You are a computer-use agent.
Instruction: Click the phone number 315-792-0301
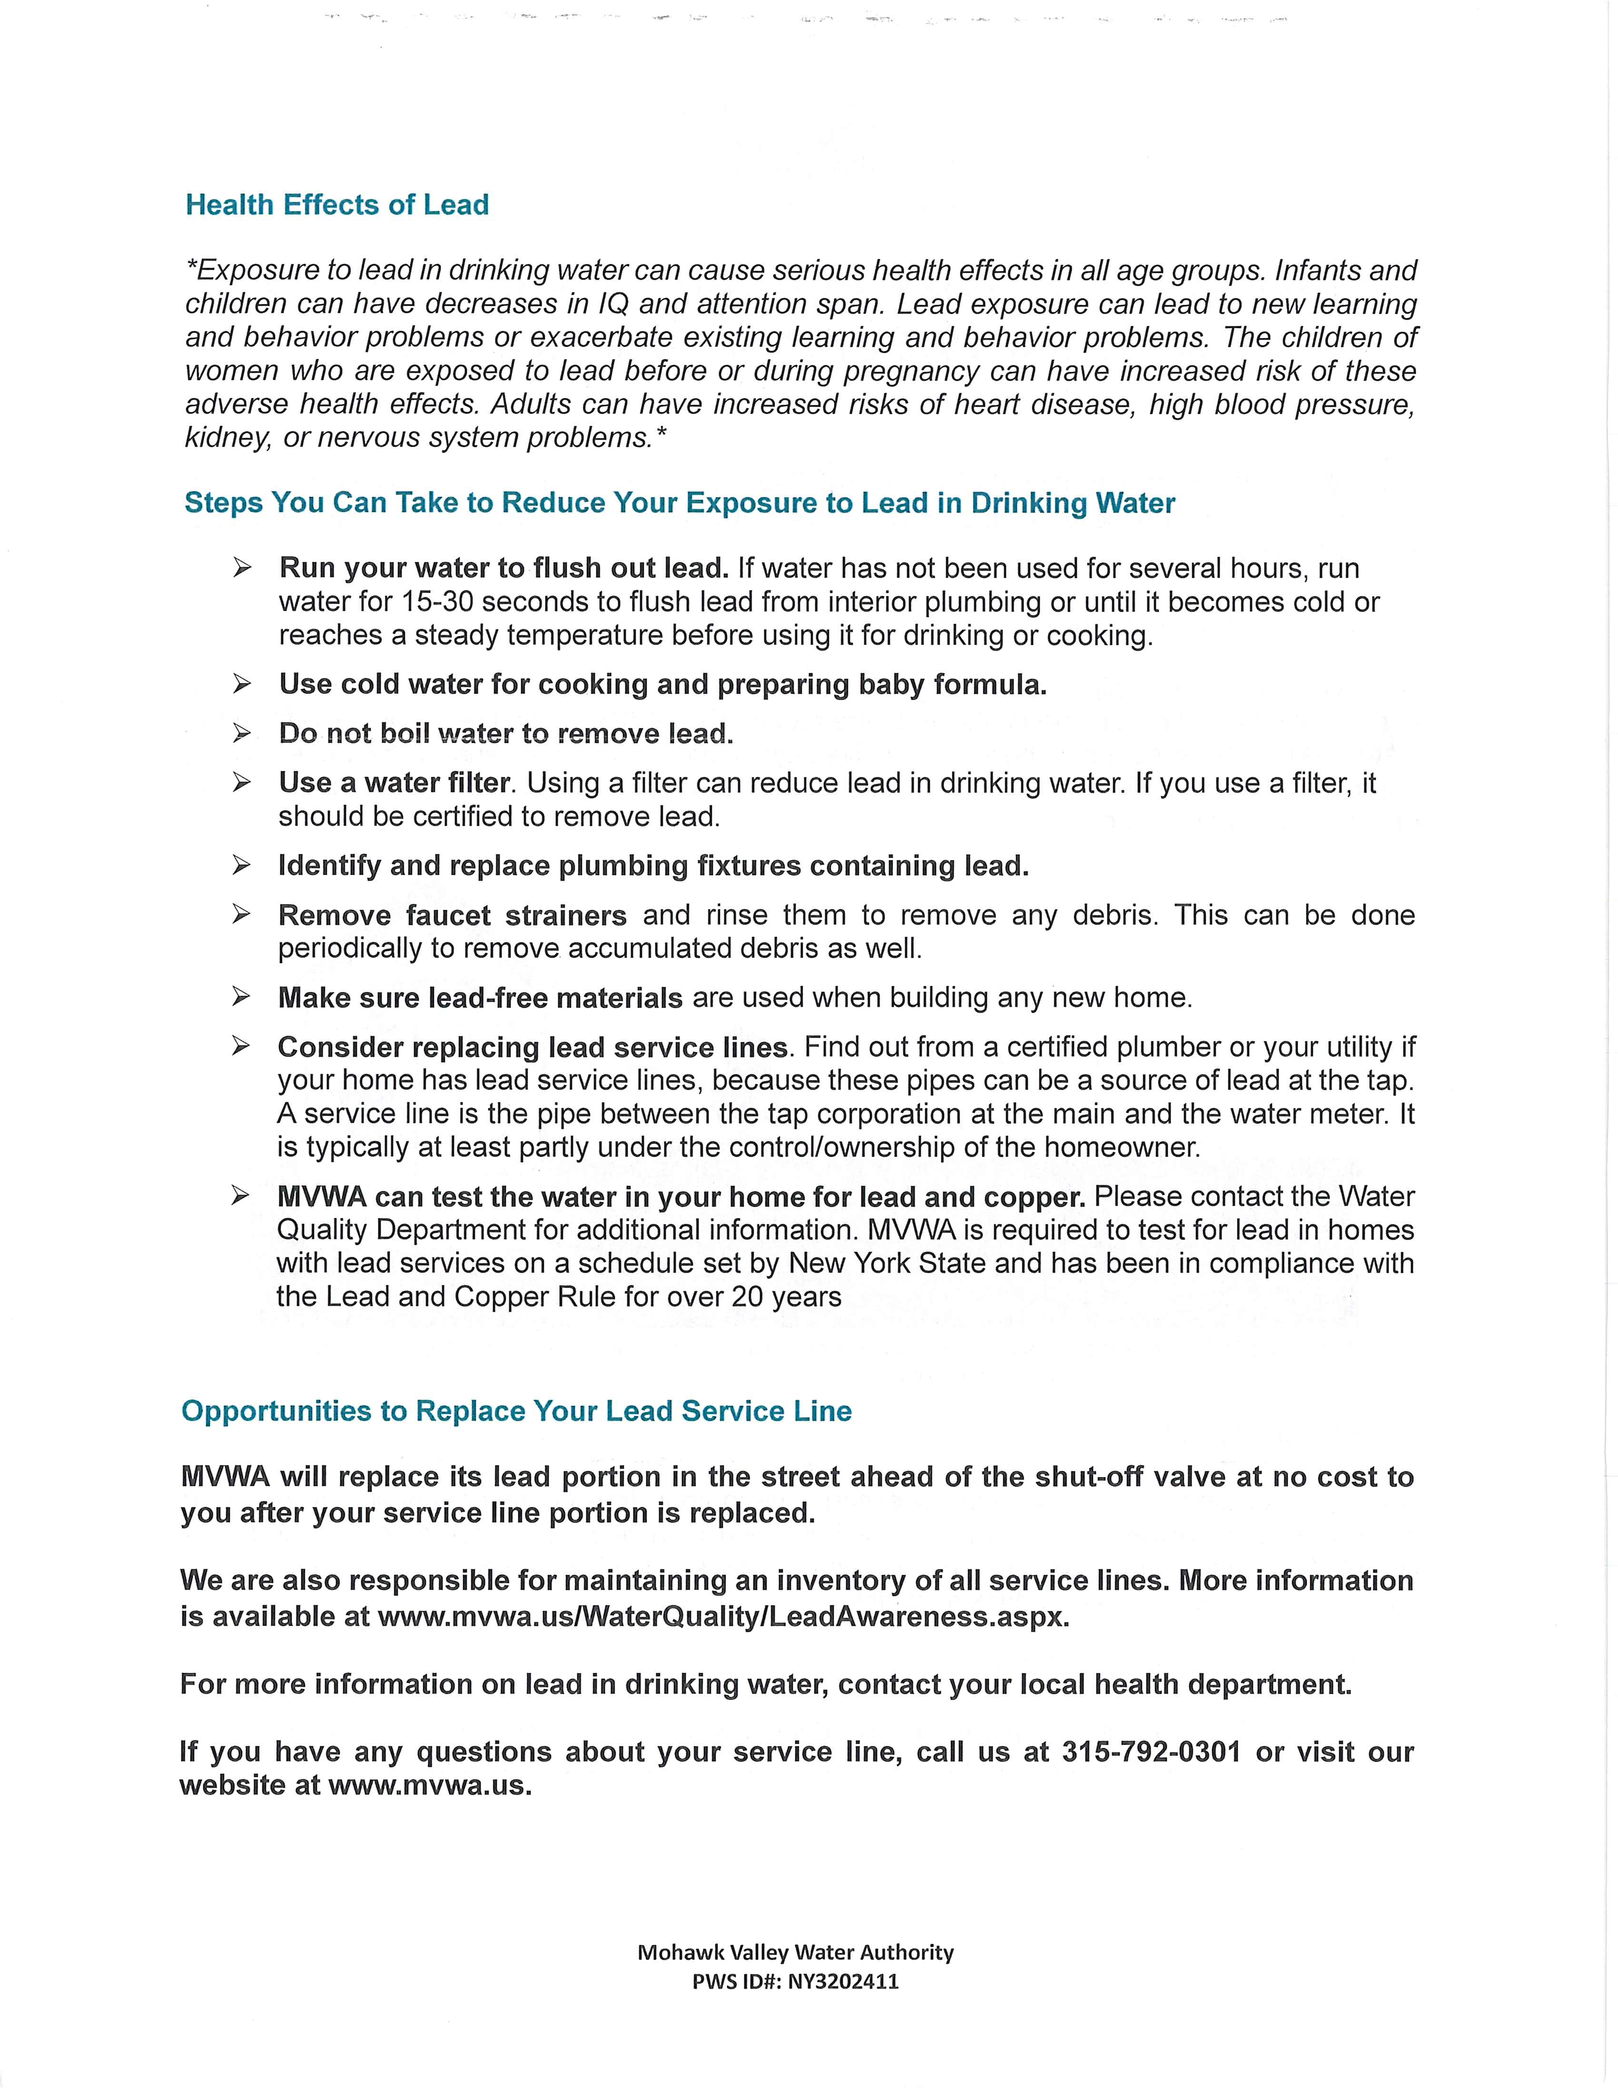click(x=1151, y=1752)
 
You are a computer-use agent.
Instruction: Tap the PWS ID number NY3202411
click(x=844, y=1981)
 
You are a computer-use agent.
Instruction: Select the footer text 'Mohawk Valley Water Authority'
click(x=796, y=1952)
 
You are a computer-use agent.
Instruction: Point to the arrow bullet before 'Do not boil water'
click(x=242, y=733)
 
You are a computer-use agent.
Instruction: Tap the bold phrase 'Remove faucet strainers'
click(x=453, y=915)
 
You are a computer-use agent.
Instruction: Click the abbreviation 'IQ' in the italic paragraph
click(x=613, y=304)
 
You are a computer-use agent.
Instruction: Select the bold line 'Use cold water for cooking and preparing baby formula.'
click(x=662, y=684)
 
